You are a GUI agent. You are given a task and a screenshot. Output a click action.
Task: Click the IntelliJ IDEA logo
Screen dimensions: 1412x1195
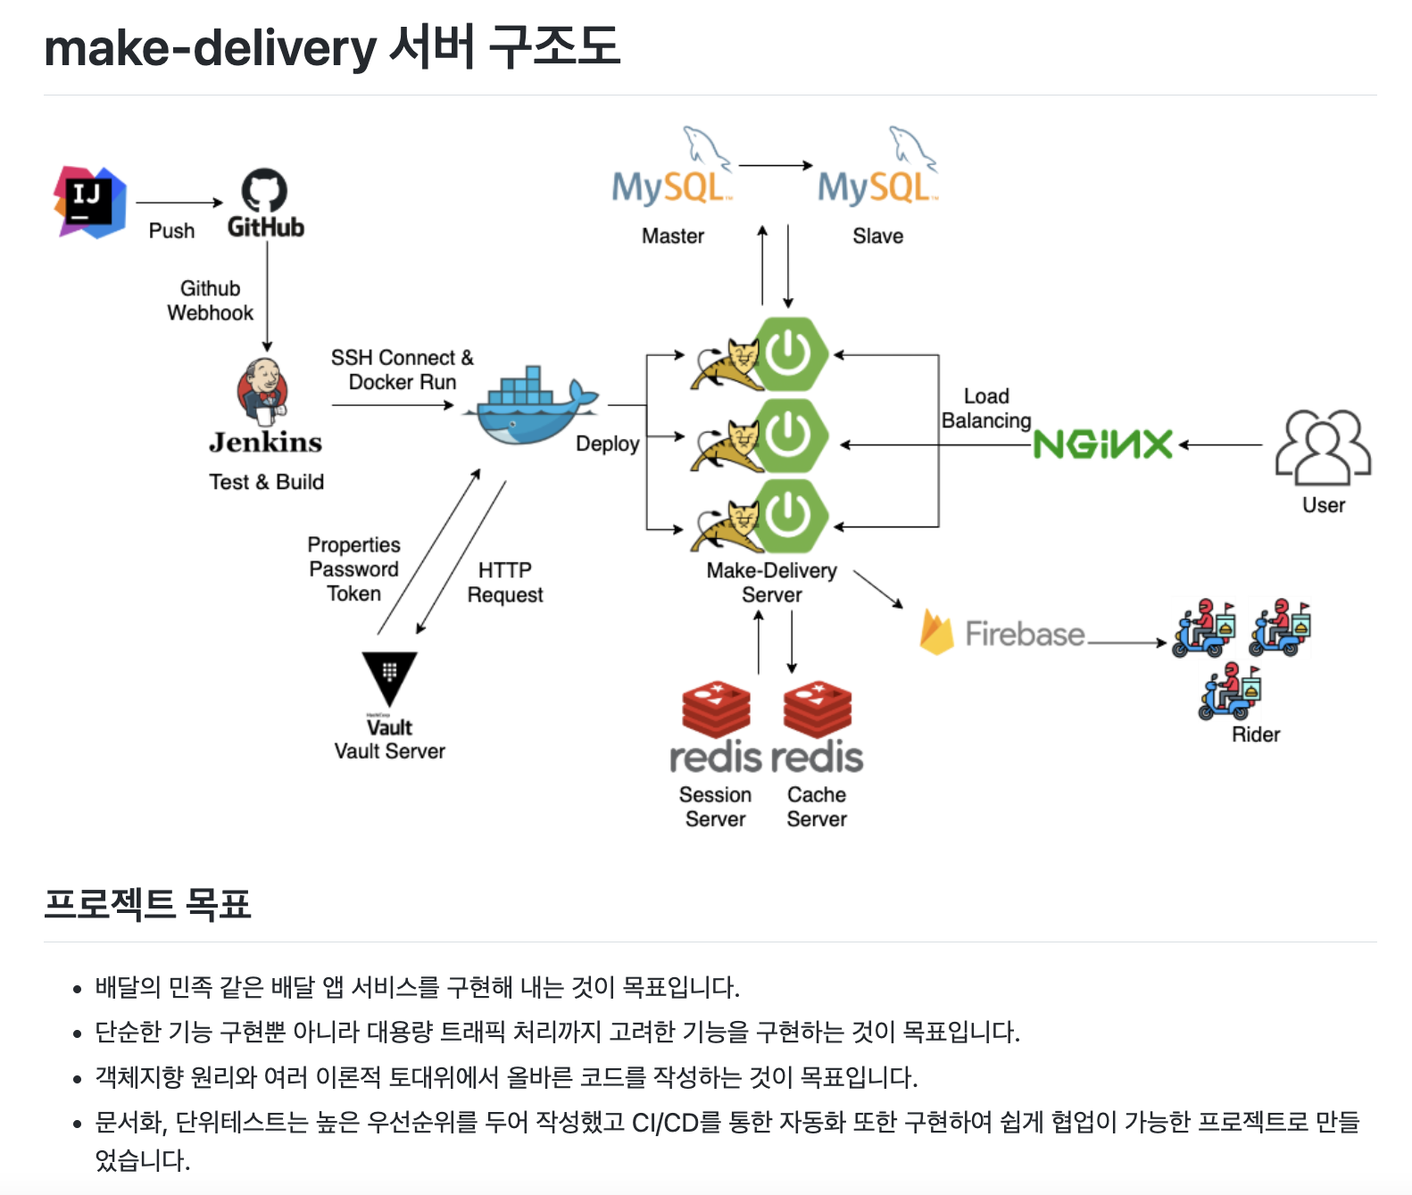[89, 202]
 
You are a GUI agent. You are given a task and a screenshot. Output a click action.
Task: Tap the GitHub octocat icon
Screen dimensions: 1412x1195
[265, 190]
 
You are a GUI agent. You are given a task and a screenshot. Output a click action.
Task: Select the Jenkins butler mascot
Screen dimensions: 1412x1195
[262, 392]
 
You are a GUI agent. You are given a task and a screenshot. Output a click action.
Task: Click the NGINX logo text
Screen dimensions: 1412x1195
[1103, 444]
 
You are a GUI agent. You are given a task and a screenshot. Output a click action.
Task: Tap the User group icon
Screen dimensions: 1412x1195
[1323, 447]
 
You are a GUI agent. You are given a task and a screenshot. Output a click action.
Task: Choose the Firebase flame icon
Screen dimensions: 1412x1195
[936, 632]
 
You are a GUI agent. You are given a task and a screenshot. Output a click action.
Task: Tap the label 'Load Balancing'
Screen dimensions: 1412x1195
[986, 409]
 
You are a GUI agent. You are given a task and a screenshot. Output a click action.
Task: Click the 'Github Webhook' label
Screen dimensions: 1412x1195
[211, 301]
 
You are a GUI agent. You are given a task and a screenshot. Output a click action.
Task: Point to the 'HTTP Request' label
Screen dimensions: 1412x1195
[505, 583]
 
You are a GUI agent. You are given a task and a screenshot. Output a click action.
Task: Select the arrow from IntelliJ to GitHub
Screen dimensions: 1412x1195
[179, 203]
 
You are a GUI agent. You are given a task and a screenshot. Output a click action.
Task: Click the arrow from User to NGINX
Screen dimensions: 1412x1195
[1220, 444]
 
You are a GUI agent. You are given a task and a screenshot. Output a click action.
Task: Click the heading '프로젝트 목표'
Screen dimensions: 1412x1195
[147, 904]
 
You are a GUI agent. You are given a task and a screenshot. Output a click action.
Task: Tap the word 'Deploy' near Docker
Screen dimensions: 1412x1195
[608, 444]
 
